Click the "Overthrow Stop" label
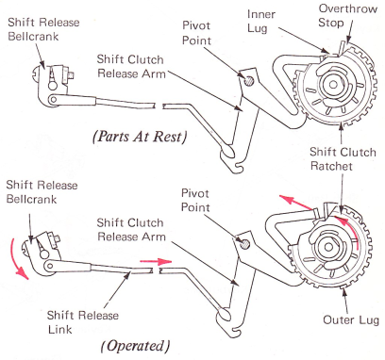(x=348, y=16)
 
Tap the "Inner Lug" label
(x=261, y=21)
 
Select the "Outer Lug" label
(x=351, y=320)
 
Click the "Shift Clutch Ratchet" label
(x=343, y=159)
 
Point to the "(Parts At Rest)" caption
(x=140, y=137)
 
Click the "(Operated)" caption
(x=135, y=346)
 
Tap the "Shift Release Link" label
(x=83, y=322)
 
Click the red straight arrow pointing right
(x=156, y=261)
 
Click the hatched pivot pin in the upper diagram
(x=249, y=81)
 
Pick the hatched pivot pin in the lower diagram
(x=245, y=243)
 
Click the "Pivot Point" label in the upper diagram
(x=196, y=33)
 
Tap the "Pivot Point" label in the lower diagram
(x=195, y=200)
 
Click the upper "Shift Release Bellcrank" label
(x=43, y=29)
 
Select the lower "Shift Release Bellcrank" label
(x=42, y=191)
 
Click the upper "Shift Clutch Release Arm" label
(x=131, y=66)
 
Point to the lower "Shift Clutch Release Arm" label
(x=131, y=230)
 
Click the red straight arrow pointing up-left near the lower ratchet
(x=296, y=203)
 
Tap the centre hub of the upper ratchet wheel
(x=333, y=84)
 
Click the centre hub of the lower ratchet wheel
(x=328, y=247)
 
